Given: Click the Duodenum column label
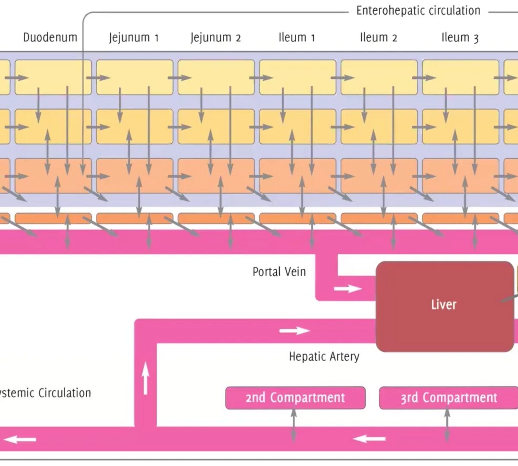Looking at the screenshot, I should pyautogui.click(x=50, y=38).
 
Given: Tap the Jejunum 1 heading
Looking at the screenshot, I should pyautogui.click(x=134, y=38).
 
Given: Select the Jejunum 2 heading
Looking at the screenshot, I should pyautogui.click(x=215, y=38).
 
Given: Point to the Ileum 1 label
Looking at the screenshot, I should pyautogui.click(x=297, y=38).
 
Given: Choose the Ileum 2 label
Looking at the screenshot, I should pyautogui.click(x=379, y=38).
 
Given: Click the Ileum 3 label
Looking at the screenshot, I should pyautogui.click(x=460, y=38).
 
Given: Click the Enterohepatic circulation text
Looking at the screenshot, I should pyautogui.click(x=418, y=11).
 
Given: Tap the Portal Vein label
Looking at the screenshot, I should pyautogui.click(x=279, y=272).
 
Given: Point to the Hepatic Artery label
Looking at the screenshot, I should pyautogui.click(x=324, y=356).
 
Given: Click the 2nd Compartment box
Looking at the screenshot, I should pyautogui.click(x=295, y=397).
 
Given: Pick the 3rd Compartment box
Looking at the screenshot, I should pyautogui.click(x=449, y=397).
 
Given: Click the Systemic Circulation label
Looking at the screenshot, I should pyautogui.click(x=45, y=393).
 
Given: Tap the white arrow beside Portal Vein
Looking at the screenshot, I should pyautogui.click(x=347, y=288).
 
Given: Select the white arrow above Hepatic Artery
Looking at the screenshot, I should pyautogui.click(x=294, y=331).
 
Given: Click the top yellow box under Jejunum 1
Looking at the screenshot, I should pyautogui.click(x=135, y=77).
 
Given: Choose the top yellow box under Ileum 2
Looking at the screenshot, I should pyautogui.click(x=379, y=77).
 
